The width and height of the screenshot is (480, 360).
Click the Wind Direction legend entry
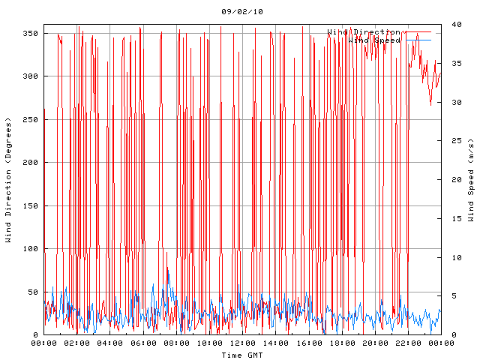pos(364,32)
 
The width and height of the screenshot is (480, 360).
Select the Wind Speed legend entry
pos(374,40)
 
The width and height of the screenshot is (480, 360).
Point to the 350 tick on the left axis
pos(31,34)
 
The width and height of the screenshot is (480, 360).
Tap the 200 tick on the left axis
pos(31,163)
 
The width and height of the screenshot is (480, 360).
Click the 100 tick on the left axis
pos(31,249)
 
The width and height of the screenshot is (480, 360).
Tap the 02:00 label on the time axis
pos(77,343)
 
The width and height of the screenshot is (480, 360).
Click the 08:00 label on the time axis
pos(176,343)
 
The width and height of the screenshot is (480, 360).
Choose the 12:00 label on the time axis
pos(242,343)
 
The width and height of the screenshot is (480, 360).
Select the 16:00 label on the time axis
pos(308,343)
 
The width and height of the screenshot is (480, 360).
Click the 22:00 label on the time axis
pos(407,343)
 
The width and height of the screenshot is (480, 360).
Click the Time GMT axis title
pos(242,355)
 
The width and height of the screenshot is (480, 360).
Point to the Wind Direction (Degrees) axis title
pos(9,180)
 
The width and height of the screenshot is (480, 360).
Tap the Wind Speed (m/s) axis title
pos(471,180)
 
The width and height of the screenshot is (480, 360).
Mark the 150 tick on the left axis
pos(31,206)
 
